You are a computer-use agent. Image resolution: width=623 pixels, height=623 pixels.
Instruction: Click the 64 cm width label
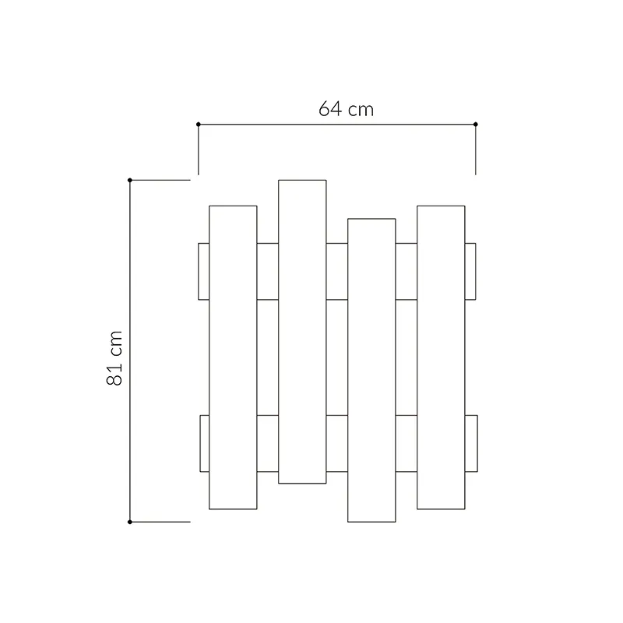[346, 109]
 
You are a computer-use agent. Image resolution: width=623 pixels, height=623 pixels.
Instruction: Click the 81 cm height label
[114, 358]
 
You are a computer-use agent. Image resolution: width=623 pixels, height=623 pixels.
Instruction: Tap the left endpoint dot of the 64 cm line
[199, 125]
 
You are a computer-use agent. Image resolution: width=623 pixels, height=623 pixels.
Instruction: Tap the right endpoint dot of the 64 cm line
[476, 125]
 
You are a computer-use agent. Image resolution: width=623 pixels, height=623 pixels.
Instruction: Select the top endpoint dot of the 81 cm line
[130, 181]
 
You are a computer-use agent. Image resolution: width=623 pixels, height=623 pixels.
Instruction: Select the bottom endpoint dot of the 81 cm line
[130, 522]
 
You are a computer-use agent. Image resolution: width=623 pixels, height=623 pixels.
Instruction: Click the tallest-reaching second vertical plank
[302, 332]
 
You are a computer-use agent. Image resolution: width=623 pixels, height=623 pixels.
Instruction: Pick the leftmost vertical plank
[233, 357]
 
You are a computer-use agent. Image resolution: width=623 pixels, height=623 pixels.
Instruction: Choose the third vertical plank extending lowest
[371, 371]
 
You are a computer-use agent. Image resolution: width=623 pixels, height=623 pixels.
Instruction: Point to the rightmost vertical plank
[441, 357]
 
